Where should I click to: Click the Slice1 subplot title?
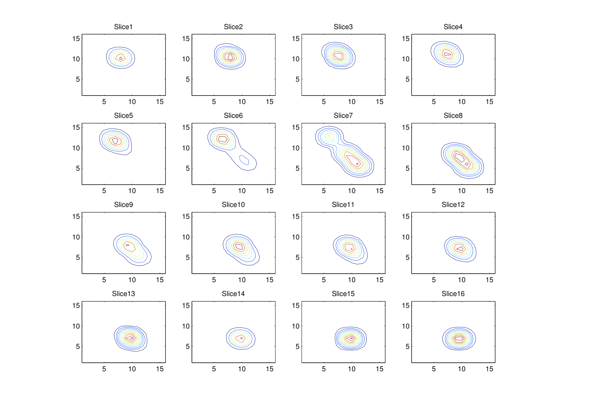(x=123, y=27)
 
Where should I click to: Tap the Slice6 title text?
(x=233, y=115)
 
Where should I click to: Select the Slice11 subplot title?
(x=343, y=205)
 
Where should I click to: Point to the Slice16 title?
(x=453, y=294)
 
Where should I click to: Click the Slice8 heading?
(x=453, y=115)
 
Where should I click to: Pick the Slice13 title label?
(x=123, y=294)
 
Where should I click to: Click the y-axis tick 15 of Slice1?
(x=76, y=39)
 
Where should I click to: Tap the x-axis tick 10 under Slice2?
(x=242, y=102)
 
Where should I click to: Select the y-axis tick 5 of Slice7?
(x=297, y=168)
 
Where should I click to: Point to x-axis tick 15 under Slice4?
(x=489, y=102)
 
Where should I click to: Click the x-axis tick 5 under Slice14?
(x=214, y=369)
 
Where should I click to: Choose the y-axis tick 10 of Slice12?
(x=405, y=237)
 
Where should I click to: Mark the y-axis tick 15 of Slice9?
(x=76, y=216)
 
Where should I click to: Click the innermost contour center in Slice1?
(x=121, y=58)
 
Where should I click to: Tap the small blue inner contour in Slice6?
(x=244, y=160)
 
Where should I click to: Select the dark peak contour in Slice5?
(x=115, y=141)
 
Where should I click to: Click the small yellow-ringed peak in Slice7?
(x=329, y=136)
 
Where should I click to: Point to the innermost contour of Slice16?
(x=459, y=338)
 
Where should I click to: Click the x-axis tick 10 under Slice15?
(x=352, y=369)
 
